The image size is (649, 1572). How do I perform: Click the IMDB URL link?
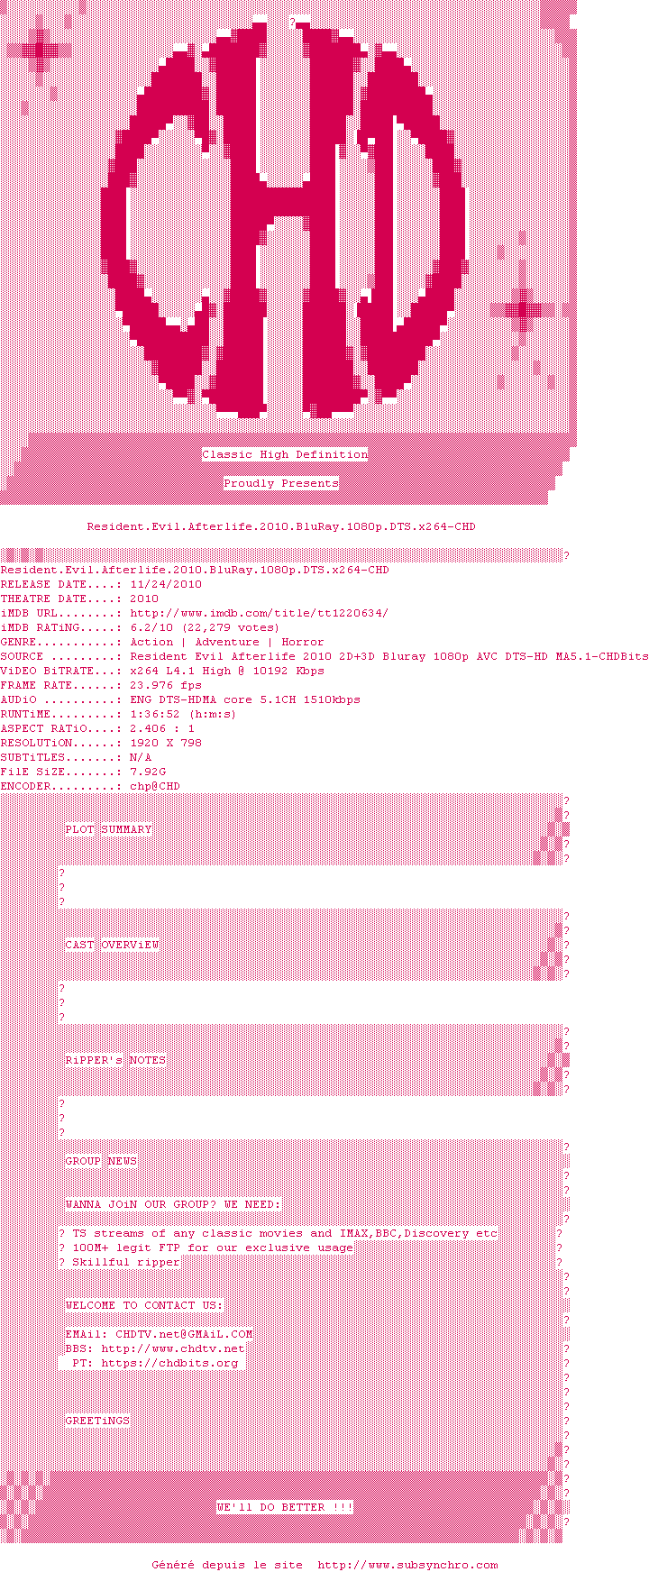pos(260,613)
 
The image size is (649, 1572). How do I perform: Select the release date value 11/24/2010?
pos(166,584)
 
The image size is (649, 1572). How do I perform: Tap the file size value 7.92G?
pos(148,772)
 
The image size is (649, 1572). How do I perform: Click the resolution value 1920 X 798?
pos(166,743)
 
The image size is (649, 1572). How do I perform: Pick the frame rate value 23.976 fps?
pos(166,685)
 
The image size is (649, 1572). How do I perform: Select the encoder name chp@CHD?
pos(155,786)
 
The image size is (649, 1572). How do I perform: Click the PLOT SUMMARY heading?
pos(108,829)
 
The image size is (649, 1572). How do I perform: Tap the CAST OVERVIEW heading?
pos(112,945)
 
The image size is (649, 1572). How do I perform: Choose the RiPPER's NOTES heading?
pos(115,1060)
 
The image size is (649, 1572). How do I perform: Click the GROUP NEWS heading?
pos(101,1161)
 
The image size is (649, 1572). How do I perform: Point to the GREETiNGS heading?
pos(97,1421)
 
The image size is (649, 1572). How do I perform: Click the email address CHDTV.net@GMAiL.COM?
pos(184,1334)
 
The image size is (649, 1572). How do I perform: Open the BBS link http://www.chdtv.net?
pos(173,1348)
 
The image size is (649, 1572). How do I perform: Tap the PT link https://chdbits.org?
pos(169,1363)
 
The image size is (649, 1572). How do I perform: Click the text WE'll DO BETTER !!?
pos(285,1507)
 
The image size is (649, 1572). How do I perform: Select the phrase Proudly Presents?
pos(281,483)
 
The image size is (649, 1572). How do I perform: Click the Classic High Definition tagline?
pos(285,454)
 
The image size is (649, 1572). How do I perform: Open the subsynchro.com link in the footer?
pos(407,1565)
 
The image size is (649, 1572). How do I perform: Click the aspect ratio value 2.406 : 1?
pos(162,728)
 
